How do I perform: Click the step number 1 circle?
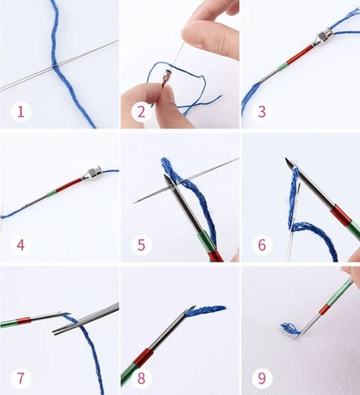(x=21, y=112)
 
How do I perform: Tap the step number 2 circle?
(x=141, y=112)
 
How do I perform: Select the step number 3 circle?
(x=262, y=112)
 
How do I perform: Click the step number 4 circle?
(x=21, y=245)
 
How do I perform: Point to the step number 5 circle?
(x=141, y=245)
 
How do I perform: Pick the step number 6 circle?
(x=262, y=245)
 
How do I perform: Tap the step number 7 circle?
(x=21, y=379)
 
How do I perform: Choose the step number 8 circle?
(x=141, y=379)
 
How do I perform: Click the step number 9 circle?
(x=262, y=379)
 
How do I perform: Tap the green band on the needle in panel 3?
(x=283, y=67)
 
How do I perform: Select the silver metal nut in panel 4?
(x=92, y=174)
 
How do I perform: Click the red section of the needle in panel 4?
(x=68, y=185)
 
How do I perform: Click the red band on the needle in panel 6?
(x=340, y=216)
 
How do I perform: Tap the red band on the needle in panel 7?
(x=24, y=321)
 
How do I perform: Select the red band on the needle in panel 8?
(x=143, y=357)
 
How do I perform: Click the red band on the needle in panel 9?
(x=325, y=309)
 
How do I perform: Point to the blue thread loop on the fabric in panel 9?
(x=289, y=329)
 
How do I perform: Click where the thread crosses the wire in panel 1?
(x=54, y=67)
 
